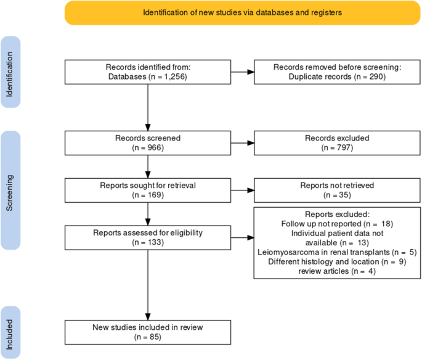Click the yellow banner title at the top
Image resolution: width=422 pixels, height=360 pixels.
click(x=243, y=12)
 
